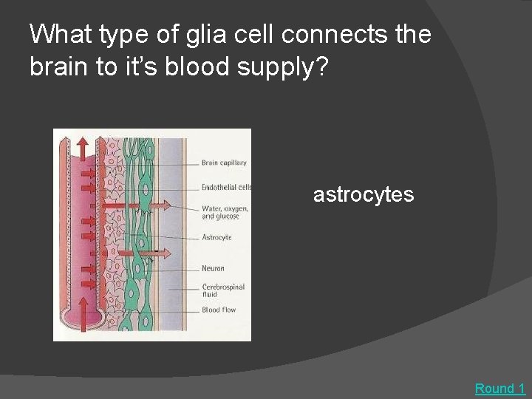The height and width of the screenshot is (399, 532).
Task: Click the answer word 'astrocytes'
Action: [x=363, y=195]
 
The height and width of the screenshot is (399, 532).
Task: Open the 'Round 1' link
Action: [x=499, y=389]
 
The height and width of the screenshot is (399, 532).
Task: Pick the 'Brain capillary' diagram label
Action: [x=224, y=163]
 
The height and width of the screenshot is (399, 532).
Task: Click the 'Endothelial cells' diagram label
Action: [x=227, y=187]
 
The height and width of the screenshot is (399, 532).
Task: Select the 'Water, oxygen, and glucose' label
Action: [x=225, y=213]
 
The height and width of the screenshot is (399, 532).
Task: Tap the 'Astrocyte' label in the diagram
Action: [x=216, y=237]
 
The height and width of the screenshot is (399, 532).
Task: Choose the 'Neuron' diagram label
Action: [x=213, y=268]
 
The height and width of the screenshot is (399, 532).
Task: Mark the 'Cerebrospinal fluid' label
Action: [x=223, y=290]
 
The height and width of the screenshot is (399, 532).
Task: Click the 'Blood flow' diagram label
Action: [x=219, y=310]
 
